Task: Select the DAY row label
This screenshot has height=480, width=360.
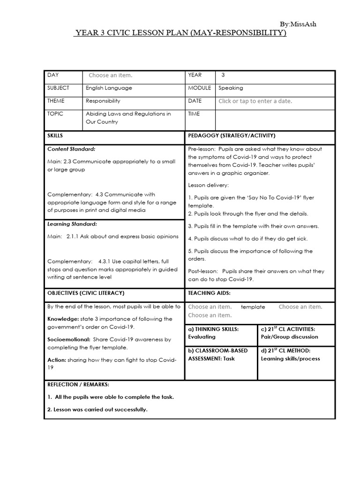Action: point(53,75)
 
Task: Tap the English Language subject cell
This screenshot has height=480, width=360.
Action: point(109,88)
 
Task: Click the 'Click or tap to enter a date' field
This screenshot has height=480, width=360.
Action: point(255,101)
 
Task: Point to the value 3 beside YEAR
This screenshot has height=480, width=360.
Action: point(223,75)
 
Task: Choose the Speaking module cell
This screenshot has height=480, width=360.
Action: point(231,88)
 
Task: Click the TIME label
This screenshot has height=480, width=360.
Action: point(195,114)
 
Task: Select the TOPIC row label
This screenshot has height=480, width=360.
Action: point(55,114)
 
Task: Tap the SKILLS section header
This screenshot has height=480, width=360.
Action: point(55,136)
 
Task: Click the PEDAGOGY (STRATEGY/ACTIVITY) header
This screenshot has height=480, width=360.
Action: point(232,136)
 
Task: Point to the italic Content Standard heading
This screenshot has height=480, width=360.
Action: point(71,149)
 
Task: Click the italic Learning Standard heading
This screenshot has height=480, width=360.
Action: point(72,224)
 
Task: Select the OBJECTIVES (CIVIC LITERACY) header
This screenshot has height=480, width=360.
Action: point(86,293)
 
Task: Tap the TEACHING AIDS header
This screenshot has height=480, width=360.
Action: point(209,293)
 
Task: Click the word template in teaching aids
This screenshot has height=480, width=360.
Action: point(253,307)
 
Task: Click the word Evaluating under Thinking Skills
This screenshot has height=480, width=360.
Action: point(202,337)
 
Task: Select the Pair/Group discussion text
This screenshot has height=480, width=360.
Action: point(289,337)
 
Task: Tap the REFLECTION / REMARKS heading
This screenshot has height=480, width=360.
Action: point(78,385)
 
